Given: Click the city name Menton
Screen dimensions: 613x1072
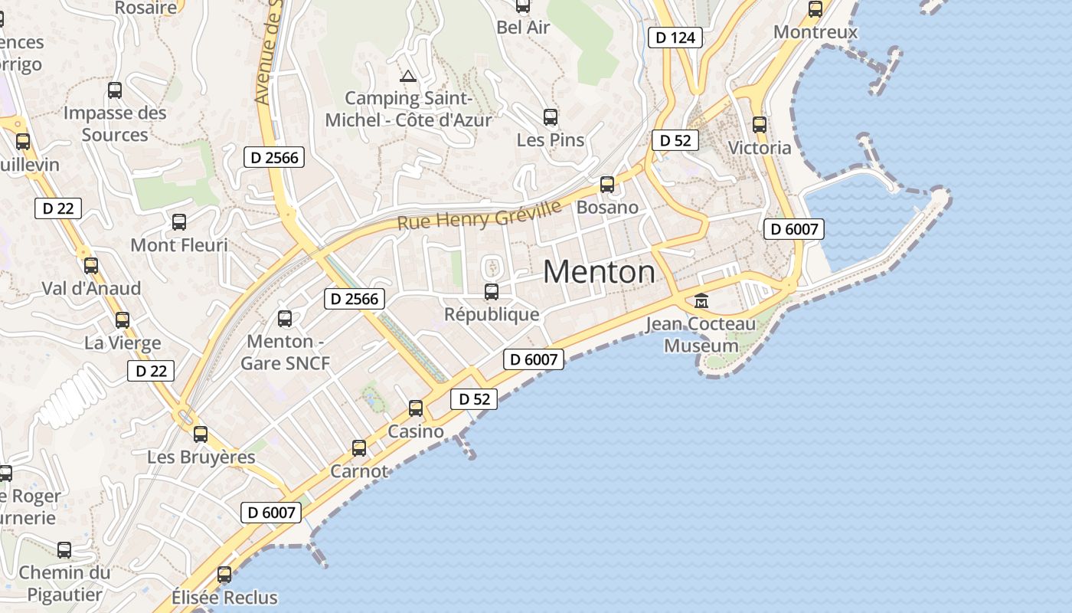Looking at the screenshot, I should tap(599, 272).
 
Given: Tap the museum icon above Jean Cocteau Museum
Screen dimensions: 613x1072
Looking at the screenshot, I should tap(701, 300).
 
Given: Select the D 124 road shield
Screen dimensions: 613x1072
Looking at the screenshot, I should tap(675, 37).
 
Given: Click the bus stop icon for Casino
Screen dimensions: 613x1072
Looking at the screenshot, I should tap(416, 408).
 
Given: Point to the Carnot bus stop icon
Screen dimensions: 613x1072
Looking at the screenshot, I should tap(359, 448).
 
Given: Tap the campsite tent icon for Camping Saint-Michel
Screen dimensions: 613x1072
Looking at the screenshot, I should tap(407, 76).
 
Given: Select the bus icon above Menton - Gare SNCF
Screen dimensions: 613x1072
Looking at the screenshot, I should tap(285, 319).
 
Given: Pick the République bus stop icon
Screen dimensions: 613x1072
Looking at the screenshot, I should tap(492, 292).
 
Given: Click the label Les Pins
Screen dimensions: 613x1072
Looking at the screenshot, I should tap(551, 140).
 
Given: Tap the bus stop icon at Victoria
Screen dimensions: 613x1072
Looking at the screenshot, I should tap(760, 125).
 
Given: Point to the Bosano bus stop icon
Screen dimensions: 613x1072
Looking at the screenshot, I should tap(607, 185).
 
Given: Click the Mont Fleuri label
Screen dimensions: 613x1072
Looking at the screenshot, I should tap(179, 245).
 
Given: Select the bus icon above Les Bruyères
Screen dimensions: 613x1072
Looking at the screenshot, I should tap(201, 434).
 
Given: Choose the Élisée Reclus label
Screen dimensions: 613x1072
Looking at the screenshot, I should tap(224, 597).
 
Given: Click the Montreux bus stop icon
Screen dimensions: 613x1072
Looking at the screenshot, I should tap(815, 9).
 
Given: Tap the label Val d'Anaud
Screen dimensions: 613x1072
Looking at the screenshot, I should tap(91, 288).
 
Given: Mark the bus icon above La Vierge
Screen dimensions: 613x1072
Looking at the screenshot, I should tap(123, 320).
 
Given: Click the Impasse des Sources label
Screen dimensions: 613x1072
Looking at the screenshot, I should tap(115, 124).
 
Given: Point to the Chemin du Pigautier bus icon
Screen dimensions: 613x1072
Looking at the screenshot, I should tap(64, 550).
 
